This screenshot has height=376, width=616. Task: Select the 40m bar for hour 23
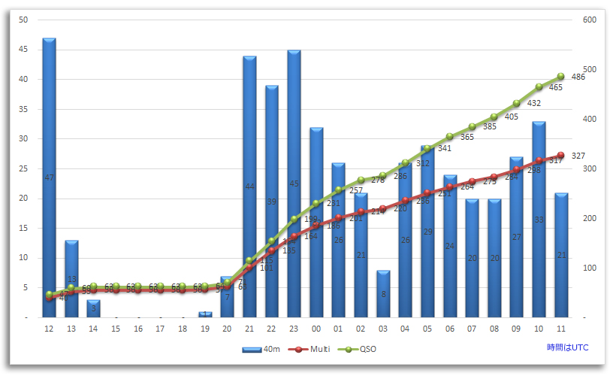(294, 183)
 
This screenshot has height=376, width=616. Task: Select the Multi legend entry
(312, 349)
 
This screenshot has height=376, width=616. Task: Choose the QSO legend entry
(361, 349)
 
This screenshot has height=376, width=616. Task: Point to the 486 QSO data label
(578, 77)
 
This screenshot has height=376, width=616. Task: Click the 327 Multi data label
(578, 156)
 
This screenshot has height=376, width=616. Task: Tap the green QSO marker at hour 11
(560, 77)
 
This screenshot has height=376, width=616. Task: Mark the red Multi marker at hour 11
(560, 156)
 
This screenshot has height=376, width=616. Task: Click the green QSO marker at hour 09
(516, 104)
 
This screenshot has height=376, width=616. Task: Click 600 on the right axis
(590, 20)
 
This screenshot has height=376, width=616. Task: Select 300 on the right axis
(590, 169)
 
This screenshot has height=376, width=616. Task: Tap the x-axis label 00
(316, 329)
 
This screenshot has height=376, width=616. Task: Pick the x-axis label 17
(160, 329)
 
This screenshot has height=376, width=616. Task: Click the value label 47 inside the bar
(49, 177)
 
